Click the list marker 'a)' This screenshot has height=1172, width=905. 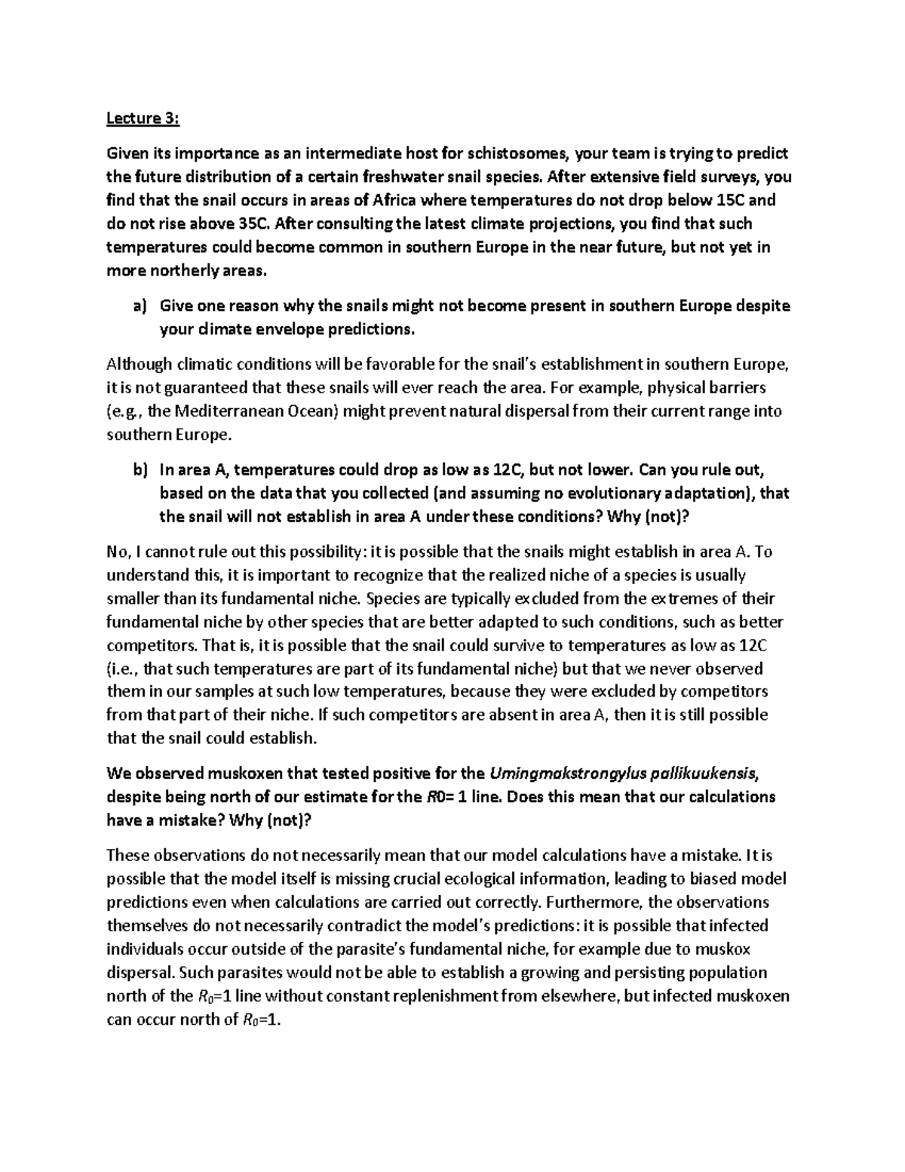point(139,306)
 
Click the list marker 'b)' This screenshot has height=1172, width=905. point(139,470)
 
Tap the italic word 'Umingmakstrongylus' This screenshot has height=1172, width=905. point(566,774)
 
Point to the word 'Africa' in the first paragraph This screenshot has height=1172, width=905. point(385,201)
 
